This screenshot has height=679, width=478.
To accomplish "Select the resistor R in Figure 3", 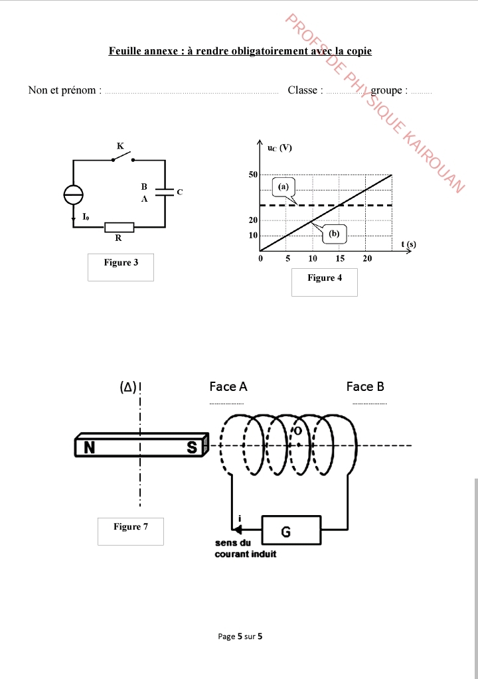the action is click(x=119, y=227).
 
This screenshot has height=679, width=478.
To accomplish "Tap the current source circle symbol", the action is click(x=73, y=194).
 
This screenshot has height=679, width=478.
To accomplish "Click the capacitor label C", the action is click(x=180, y=192).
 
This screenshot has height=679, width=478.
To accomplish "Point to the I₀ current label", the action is click(x=86, y=216).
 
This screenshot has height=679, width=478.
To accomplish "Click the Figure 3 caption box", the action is click(x=121, y=267).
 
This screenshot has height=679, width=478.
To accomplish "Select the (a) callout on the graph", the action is click(x=283, y=187).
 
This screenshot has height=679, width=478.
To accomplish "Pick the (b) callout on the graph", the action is click(x=334, y=234).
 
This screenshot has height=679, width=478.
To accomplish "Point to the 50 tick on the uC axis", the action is click(x=253, y=175).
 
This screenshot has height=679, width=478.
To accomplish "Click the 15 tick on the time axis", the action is click(x=340, y=258).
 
